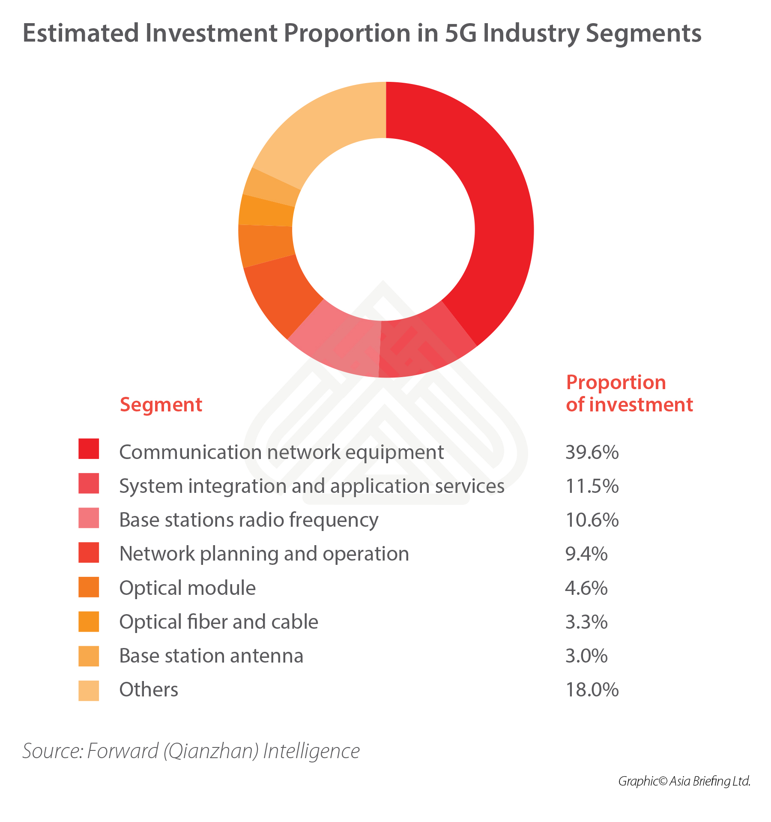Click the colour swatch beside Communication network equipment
pyautogui.click(x=89, y=449)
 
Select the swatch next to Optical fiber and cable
pyautogui.click(x=89, y=621)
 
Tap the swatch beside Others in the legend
pyautogui.click(x=89, y=690)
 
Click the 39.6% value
pyautogui.click(x=592, y=452)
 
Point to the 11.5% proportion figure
pyautogui.click(x=592, y=486)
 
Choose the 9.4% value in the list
pyautogui.click(x=586, y=554)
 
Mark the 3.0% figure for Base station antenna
pyautogui.click(x=586, y=656)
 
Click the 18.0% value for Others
pyautogui.click(x=592, y=690)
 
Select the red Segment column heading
pyautogui.click(x=161, y=405)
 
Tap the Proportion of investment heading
pyautogui.click(x=629, y=393)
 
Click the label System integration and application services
pyautogui.click(x=311, y=486)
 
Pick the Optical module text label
pyautogui.click(x=187, y=588)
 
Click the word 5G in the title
pyautogui.click(x=460, y=33)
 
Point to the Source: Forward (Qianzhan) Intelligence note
pyautogui.click(x=191, y=751)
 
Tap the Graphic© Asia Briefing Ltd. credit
pyautogui.click(x=684, y=781)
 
